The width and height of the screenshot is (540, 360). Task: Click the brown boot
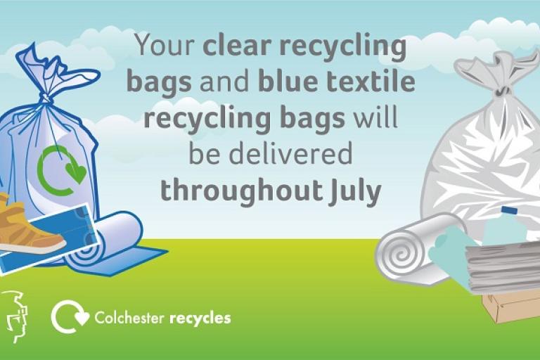pyautogui.click(x=28, y=225)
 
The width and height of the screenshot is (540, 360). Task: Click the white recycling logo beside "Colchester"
pyautogui.click(x=69, y=317)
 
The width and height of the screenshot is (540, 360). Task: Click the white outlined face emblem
pyautogui.click(x=15, y=316)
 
